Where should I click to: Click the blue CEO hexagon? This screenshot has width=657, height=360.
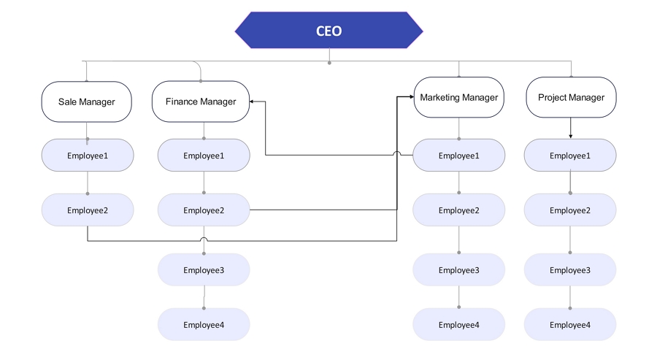point(329,30)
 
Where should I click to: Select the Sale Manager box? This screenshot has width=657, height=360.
point(87,102)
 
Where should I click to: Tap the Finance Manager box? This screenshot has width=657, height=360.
point(201,102)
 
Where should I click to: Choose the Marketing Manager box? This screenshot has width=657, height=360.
point(459,97)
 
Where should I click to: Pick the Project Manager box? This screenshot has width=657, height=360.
point(571,97)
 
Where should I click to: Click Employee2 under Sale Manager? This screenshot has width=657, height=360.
point(88,210)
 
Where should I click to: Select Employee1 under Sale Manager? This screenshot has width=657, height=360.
point(88,156)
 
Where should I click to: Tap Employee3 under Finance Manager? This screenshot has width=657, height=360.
point(204,270)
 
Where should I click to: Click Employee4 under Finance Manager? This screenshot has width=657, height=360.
point(204,325)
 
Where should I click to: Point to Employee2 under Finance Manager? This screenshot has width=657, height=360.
point(204,210)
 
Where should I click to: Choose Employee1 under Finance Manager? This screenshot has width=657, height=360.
point(204,156)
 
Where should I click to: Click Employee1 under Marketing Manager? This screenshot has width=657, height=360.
point(459,156)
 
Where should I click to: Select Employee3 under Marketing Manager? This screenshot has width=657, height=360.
point(459,270)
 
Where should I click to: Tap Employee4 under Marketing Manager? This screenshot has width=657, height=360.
point(459,325)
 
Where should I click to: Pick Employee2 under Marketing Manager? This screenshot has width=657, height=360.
point(459,210)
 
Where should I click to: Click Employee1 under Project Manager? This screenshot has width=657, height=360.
point(570,156)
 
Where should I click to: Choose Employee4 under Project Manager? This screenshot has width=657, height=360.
point(570,325)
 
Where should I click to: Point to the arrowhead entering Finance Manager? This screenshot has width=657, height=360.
point(251,102)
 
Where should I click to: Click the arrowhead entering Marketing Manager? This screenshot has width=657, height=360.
point(412,97)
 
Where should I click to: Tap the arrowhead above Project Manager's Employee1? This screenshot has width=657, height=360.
point(571,137)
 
